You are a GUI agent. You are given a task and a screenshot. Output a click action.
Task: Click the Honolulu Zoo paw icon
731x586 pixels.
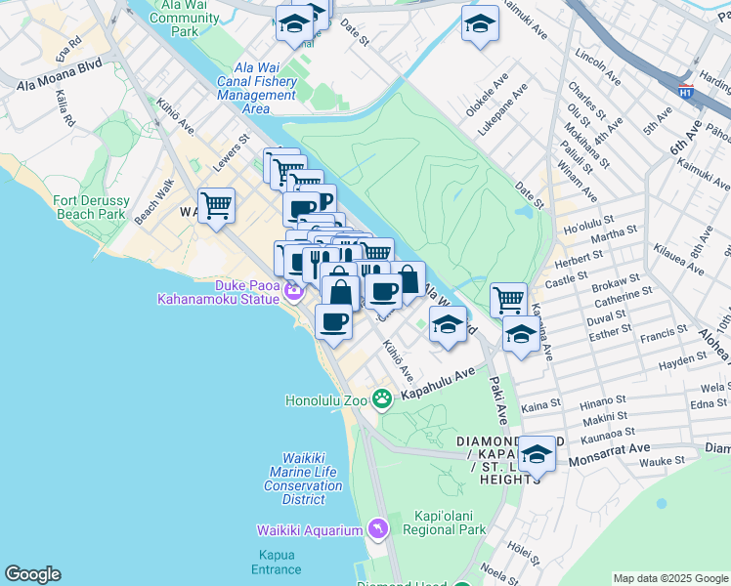[382, 398]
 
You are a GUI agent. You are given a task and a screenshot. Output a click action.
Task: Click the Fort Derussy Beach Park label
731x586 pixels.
[89, 207]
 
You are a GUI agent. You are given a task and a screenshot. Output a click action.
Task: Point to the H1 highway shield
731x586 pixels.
[686, 90]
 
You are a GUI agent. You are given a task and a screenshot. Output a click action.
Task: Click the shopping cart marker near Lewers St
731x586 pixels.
[216, 205]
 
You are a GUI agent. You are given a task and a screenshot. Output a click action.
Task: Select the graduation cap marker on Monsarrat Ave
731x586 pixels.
[537, 452]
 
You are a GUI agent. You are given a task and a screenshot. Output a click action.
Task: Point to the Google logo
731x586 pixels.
[32, 574]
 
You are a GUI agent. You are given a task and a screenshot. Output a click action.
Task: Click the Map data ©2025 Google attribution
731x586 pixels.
[670, 578]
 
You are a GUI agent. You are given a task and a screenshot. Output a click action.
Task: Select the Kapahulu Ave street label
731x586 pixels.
[437, 383]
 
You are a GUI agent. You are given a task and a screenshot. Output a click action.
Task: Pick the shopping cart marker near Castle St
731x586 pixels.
[508, 299]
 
